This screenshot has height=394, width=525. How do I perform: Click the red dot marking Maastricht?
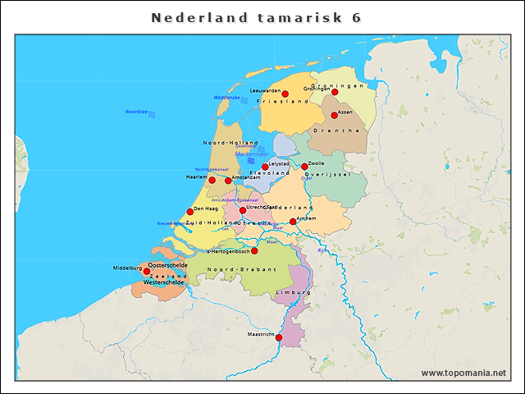279,337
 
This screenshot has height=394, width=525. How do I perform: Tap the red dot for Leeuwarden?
285,94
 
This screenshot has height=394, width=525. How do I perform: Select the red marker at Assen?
334,115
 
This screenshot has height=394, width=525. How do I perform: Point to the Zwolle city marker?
304,167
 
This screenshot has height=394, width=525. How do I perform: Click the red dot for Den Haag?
190,212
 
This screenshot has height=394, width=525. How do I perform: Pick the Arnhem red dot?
293,222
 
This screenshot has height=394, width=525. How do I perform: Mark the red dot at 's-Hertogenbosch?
254,250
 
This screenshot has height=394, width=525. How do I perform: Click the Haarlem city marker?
212,180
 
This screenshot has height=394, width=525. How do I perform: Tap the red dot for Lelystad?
265,167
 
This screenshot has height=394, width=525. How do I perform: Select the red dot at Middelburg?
147,271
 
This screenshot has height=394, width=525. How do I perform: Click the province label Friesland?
283,101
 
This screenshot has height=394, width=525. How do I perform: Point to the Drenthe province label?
343,131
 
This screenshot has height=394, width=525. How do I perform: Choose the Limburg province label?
294,292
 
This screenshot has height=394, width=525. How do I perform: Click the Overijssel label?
328,175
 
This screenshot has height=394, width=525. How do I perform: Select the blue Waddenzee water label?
226,98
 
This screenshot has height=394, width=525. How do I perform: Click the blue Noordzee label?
136,112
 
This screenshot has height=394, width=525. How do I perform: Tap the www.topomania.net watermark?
463,373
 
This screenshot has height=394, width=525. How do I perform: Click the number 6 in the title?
356,17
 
